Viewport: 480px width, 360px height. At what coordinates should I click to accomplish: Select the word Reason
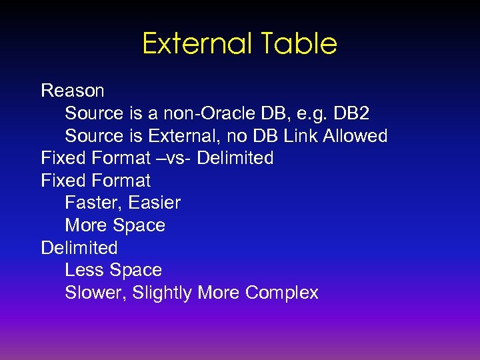(73, 90)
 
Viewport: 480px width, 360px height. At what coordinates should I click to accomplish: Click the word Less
(85, 270)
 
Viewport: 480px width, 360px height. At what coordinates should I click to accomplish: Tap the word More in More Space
(86, 225)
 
